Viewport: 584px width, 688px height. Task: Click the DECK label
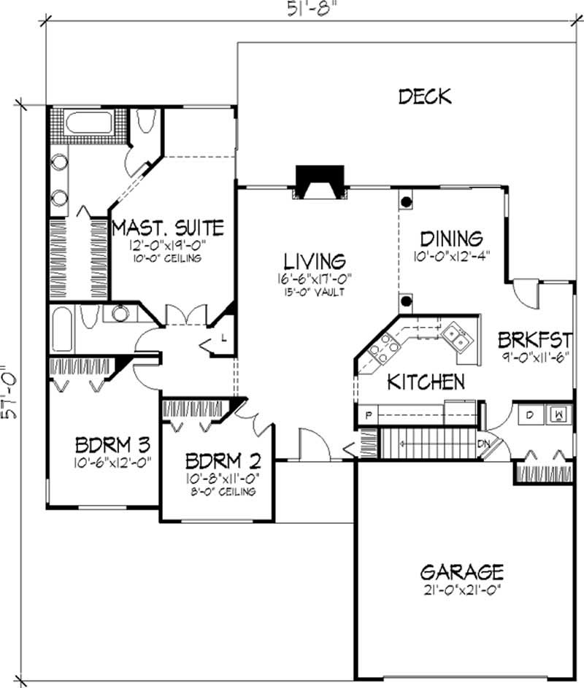425,96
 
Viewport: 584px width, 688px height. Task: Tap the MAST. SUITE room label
168,228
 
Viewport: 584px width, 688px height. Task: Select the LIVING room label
315,260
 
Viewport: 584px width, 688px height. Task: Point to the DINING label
452,239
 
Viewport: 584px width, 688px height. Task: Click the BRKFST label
534,339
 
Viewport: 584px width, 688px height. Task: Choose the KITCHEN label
426,382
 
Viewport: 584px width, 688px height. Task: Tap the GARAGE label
461,571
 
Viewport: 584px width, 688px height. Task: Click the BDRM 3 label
113,445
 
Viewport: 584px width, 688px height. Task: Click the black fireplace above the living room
319,180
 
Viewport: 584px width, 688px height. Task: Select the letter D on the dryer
530,414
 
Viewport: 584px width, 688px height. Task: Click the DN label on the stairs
483,443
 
